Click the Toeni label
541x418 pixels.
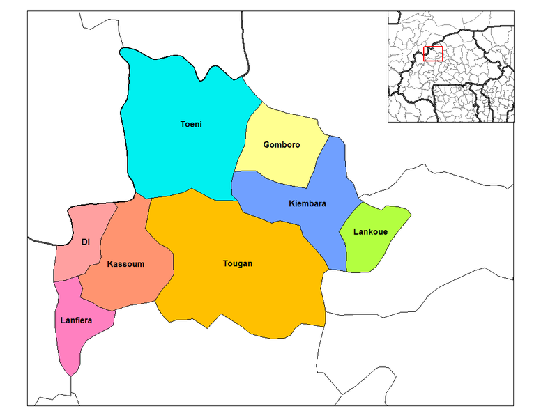coord(191,125)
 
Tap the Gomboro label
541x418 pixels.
coord(282,145)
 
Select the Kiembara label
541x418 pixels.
coord(307,204)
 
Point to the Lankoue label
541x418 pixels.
coord(370,232)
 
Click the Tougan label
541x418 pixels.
coord(238,264)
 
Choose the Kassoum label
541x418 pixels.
coord(125,264)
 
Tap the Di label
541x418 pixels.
coord(86,242)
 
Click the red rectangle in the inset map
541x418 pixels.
coord(433,54)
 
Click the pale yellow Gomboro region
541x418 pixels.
coord(279,164)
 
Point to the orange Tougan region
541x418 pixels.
coord(237,293)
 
